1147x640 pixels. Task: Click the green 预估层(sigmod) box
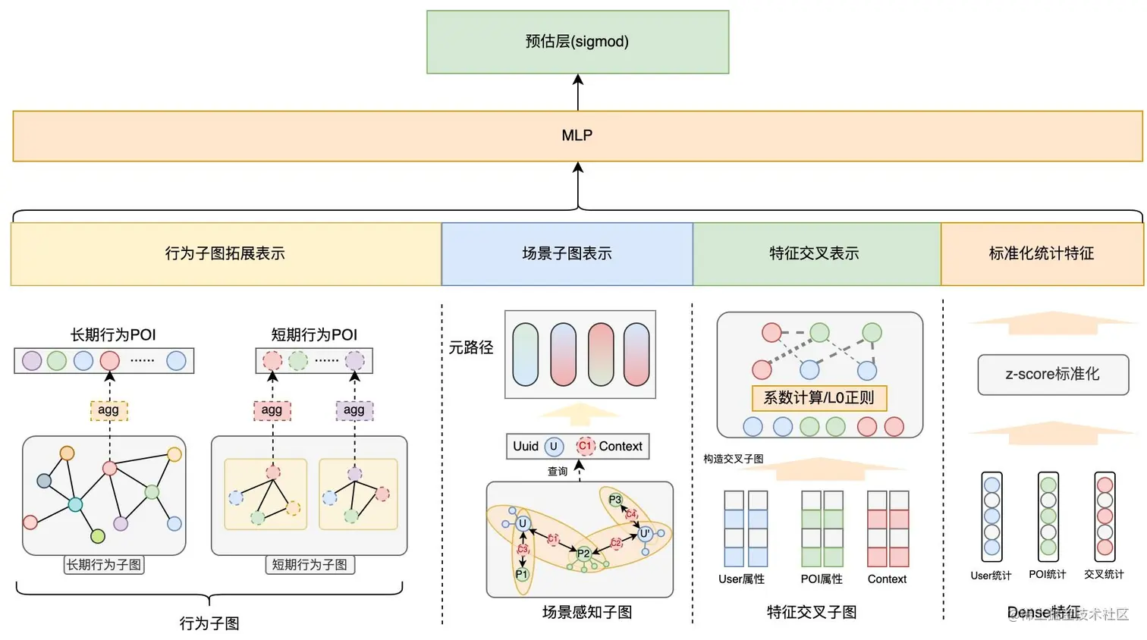(x=577, y=42)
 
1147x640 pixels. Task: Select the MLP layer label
(x=577, y=136)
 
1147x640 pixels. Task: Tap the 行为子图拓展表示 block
(x=225, y=254)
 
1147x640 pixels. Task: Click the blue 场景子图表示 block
(x=567, y=254)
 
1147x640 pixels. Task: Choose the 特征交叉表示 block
(x=814, y=254)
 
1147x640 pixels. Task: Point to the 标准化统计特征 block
(x=1041, y=254)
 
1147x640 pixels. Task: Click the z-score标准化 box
(x=1052, y=375)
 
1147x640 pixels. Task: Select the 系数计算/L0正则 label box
(x=819, y=398)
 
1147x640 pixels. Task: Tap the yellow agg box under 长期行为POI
(x=108, y=410)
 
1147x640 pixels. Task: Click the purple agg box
(x=354, y=410)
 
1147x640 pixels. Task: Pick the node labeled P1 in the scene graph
(x=521, y=575)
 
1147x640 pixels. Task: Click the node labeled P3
(x=615, y=500)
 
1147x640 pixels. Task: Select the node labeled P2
(x=583, y=554)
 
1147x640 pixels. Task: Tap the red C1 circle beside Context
(x=585, y=447)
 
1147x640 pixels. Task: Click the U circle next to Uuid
(x=554, y=447)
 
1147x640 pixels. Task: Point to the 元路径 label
(x=470, y=348)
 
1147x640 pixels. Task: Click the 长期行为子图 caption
(x=104, y=565)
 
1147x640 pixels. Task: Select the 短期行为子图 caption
(x=310, y=565)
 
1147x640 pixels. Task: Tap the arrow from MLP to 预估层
(x=578, y=92)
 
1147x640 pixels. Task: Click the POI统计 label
(x=1047, y=575)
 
